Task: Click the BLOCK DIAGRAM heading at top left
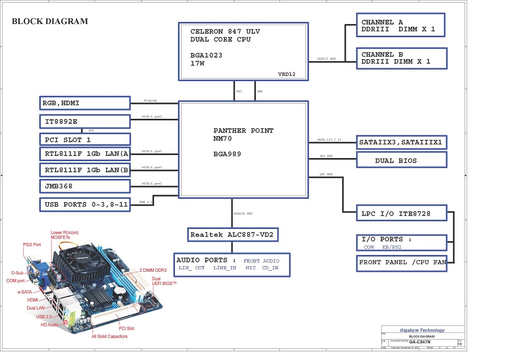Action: click(x=49, y=21)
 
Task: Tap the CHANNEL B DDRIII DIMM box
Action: click(x=402, y=58)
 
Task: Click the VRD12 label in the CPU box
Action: click(x=286, y=74)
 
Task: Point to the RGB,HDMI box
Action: click(x=85, y=103)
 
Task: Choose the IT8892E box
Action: click(x=85, y=121)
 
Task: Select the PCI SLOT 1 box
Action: click(x=85, y=139)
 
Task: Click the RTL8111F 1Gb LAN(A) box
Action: click(x=85, y=154)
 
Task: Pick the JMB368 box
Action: click(x=85, y=187)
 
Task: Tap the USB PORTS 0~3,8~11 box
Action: click(x=85, y=204)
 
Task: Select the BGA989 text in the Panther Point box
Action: click(x=227, y=153)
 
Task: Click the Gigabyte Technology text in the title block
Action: click(x=422, y=330)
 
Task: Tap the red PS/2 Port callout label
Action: click(x=32, y=245)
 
